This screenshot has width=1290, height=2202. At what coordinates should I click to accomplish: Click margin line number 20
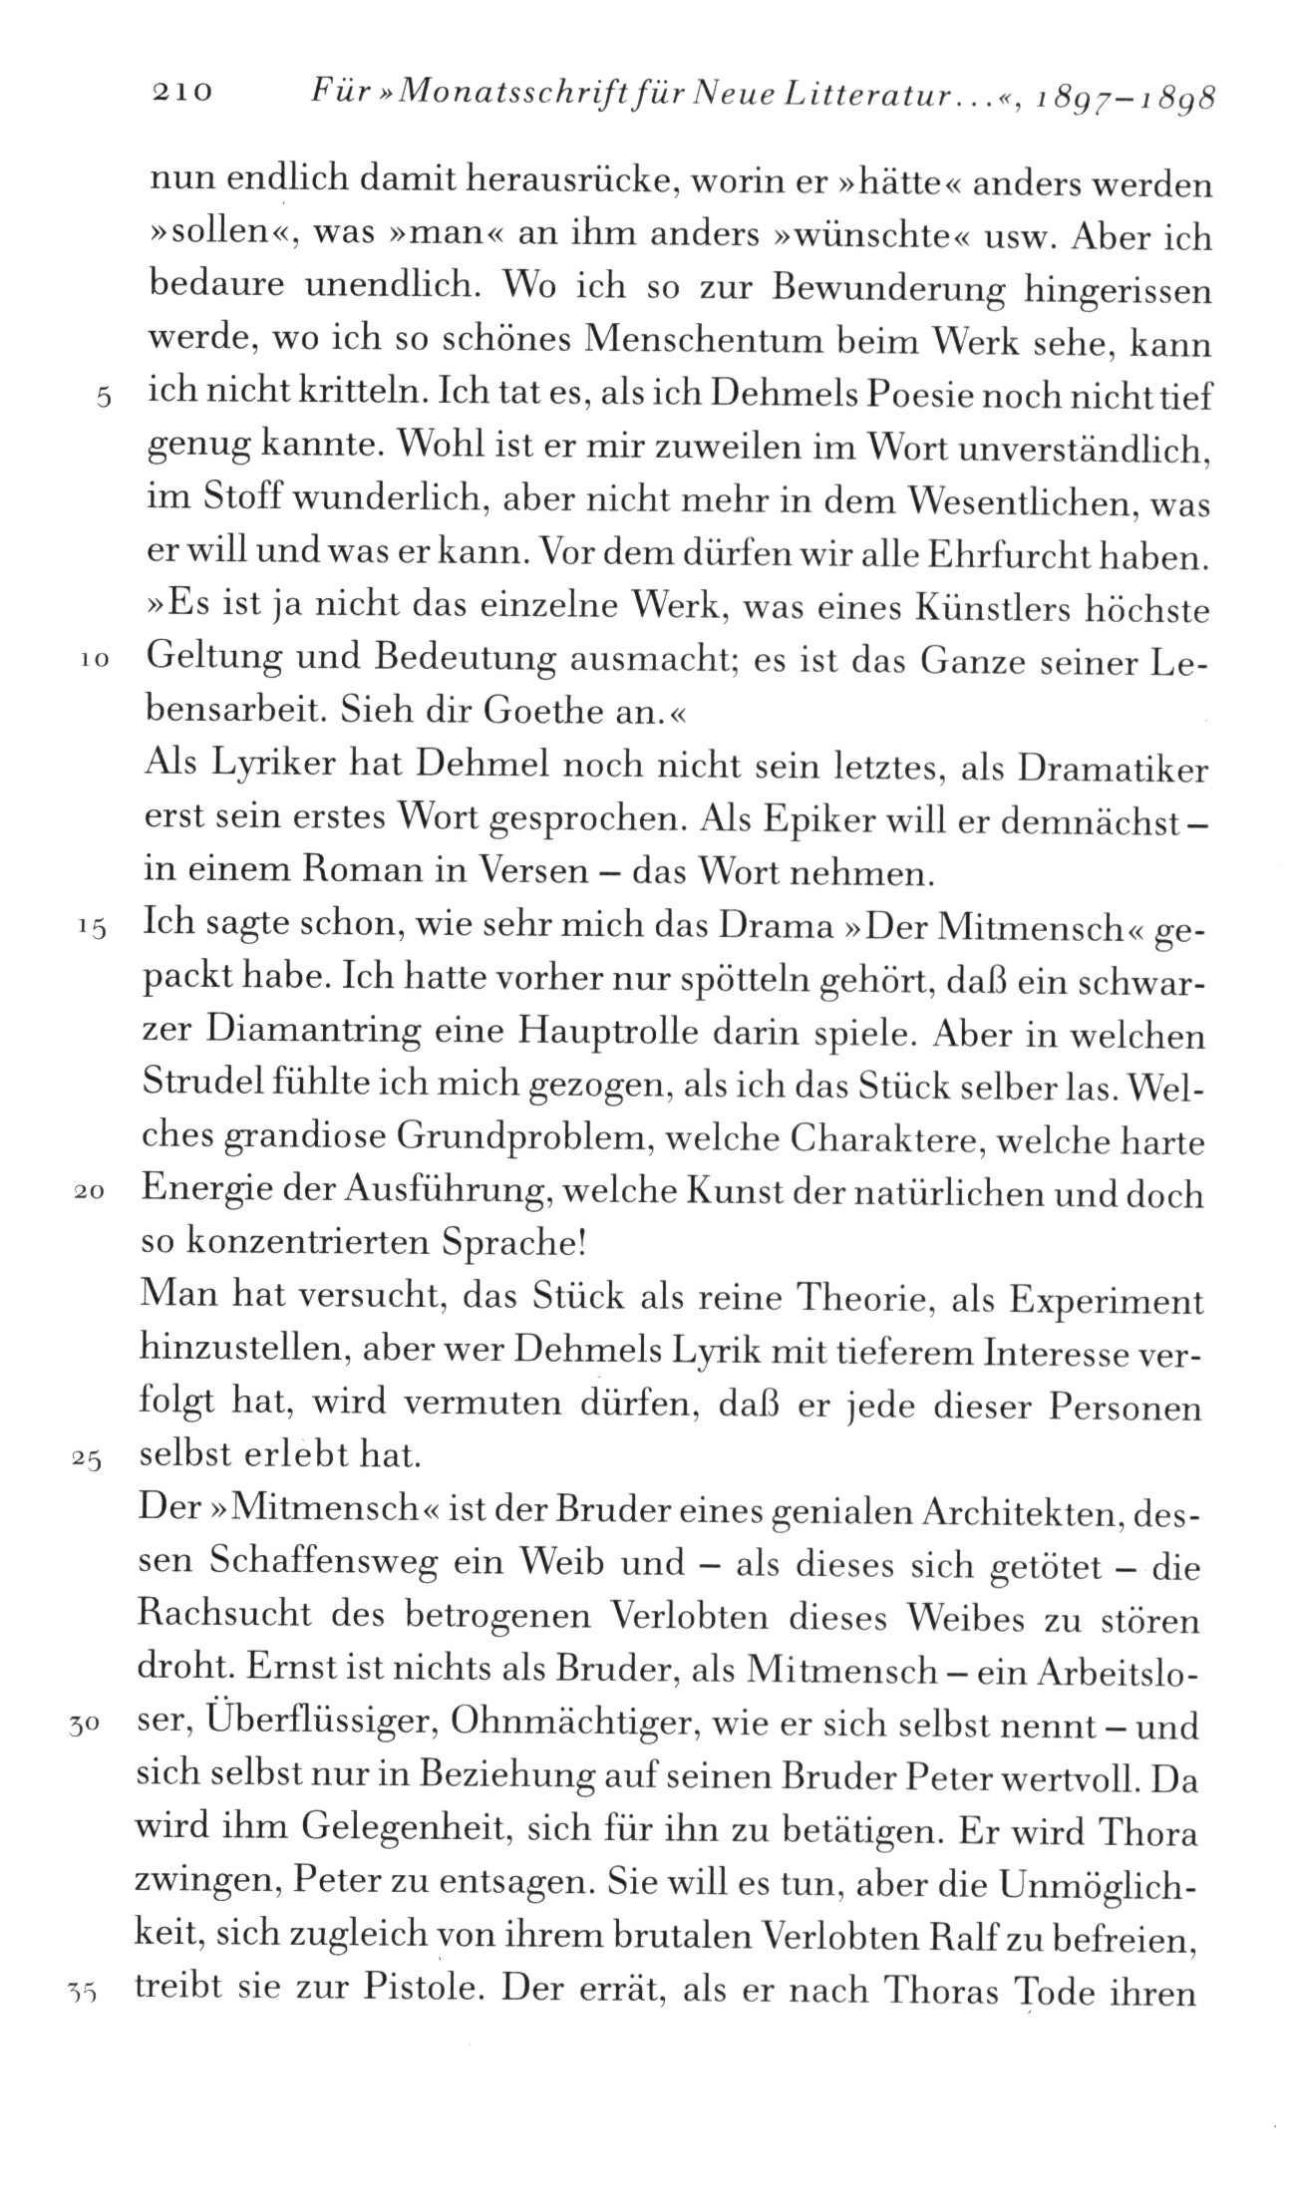tap(92, 1195)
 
